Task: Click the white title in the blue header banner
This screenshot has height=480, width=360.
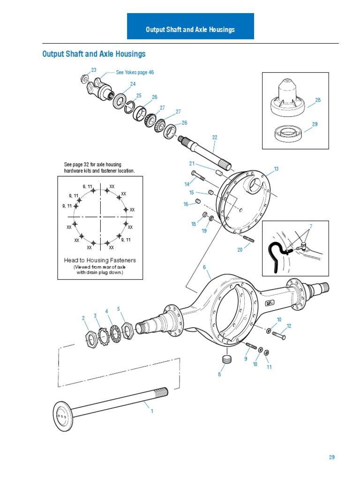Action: pyautogui.click(x=190, y=30)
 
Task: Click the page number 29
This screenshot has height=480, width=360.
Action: pyautogui.click(x=331, y=457)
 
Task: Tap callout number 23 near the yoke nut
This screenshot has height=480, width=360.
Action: pyautogui.click(x=94, y=70)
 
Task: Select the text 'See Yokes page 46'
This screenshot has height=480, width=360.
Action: pyautogui.click(x=135, y=73)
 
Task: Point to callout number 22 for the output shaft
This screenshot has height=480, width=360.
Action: pyautogui.click(x=215, y=137)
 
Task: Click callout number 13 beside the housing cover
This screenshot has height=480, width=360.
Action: pyautogui.click(x=276, y=169)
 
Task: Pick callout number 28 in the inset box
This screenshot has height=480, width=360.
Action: pyautogui.click(x=318, y=100)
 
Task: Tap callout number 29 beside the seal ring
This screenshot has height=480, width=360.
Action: pyautogui.click(x=315, y=124)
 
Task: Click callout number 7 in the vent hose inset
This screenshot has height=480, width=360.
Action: pyautogui.click(x=310, y=226)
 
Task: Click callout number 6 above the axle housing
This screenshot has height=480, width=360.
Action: pyautogui.click(x=204, y=267)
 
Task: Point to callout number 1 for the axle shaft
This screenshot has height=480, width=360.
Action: pyautogui.click(x=151, y=411)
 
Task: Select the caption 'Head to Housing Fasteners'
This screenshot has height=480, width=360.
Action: pyautogui.click(x=100, y=260)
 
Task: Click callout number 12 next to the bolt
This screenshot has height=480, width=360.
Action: pyautogui.click(x=289, y=326)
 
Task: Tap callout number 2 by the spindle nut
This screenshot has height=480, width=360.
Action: pyautogui.click(x=83, y=318)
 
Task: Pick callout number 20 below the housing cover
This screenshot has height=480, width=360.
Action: pyautogui.click(x=240, y=250)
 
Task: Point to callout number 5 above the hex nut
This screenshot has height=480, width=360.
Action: pyautogui.click(x=119, y=309)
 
